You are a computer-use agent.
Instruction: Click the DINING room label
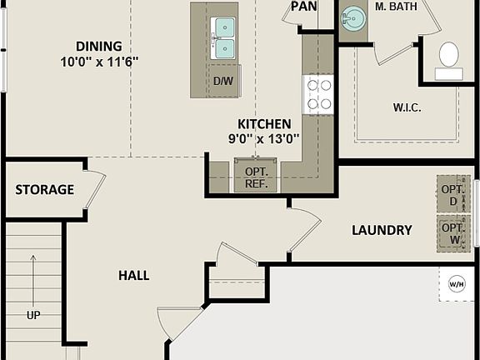click(x=99, y=46)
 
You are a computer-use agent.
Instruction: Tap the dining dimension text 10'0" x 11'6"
click(x=99, y=61)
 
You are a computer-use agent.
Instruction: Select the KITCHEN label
click(x=264, y=123)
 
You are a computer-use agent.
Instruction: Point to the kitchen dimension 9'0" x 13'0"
click(x=264, y=138)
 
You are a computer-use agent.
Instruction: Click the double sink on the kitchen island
click(x=223, y=38)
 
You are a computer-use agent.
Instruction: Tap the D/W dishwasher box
click(x=222, y=81)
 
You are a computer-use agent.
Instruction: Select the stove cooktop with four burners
click(x=318, y=94)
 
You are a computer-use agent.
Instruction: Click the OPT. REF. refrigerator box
click(x=256, y=176)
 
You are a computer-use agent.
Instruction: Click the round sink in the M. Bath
click(x=353, y=18)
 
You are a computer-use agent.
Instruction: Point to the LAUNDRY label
click(x=382, y=229)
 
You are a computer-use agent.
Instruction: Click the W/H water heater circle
click(x=457, y=284)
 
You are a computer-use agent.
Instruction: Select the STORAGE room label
click(x=44, y=189)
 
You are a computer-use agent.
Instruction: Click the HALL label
click(x=133, y=274)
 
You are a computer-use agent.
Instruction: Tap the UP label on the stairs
click(x=33, y=315)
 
